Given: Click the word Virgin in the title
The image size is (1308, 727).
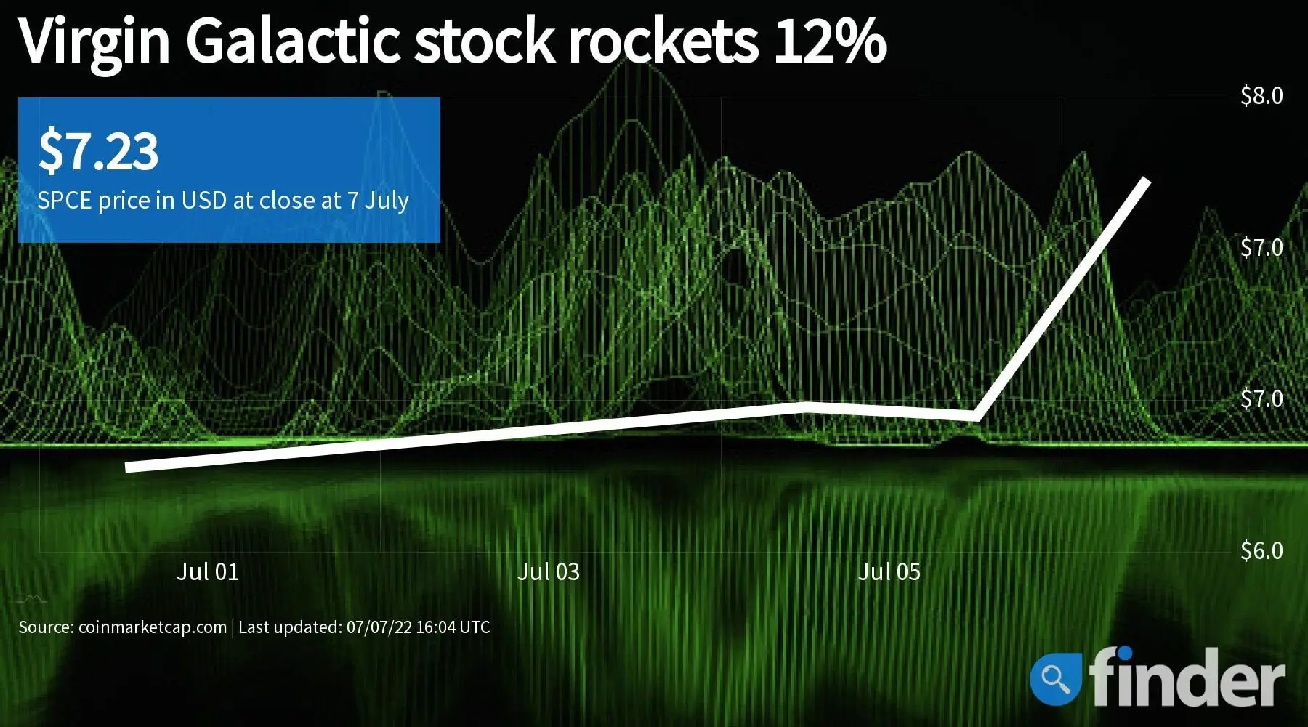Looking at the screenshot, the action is click(94, 42).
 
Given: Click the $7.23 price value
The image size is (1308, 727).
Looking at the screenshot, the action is click(98, 150).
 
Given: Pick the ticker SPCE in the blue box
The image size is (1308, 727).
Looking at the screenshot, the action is click(64, 200).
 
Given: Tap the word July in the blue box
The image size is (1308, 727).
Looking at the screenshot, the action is click(387, 201).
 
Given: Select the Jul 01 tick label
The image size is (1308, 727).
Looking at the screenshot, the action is click(208, 571).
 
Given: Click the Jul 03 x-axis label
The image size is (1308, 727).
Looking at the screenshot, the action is click(549, 571).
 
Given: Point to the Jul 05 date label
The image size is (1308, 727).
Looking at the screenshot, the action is click(889, 571).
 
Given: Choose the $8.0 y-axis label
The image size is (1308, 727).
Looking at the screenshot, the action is click(1261, 95).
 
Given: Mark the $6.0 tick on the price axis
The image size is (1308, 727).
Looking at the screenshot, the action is click(1261, 550).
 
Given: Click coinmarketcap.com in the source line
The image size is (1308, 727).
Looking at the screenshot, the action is click(153, 627).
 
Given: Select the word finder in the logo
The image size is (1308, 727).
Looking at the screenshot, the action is click(1186, 677).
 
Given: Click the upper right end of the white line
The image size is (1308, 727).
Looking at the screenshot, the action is click(1147, 180).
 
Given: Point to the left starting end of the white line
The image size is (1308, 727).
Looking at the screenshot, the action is click(128, 467).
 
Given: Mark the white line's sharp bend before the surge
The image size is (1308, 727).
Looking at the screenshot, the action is click(976, 417).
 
